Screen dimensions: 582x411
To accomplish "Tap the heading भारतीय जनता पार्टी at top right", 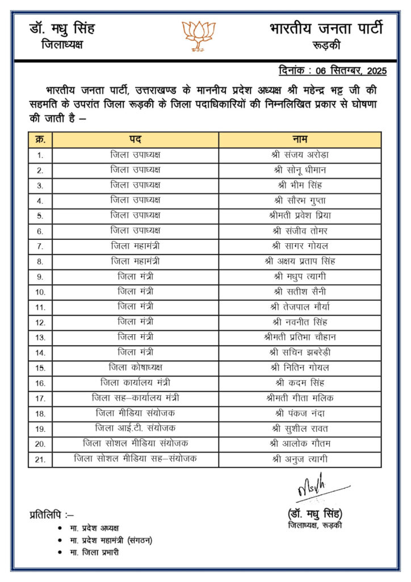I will (x=326, y=28).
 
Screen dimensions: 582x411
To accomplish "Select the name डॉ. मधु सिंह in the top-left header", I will (x=62, y=29).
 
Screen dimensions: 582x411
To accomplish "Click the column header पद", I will (x=135, y=140).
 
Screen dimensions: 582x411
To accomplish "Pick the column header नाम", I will (x=300, y=140).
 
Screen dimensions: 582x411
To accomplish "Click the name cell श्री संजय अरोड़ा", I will (x=300, y=155).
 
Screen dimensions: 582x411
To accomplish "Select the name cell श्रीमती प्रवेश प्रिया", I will (x=300, y=215).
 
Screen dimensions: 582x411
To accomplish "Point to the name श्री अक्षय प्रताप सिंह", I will (x=300, y=261).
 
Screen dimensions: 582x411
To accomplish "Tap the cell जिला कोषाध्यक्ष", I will (x=135, y=367).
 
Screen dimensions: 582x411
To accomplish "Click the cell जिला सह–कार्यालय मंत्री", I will (x=135, y=397).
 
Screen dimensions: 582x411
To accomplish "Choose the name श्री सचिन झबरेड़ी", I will (x=300, y=352).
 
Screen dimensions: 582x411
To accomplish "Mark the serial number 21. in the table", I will (x=40, y=459).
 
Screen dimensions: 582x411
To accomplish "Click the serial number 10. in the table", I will (x=40, y=292).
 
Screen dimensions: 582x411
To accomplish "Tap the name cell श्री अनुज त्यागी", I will (x=300, y=459).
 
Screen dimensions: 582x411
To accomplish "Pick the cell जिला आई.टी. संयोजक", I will (x=135, y=428).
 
